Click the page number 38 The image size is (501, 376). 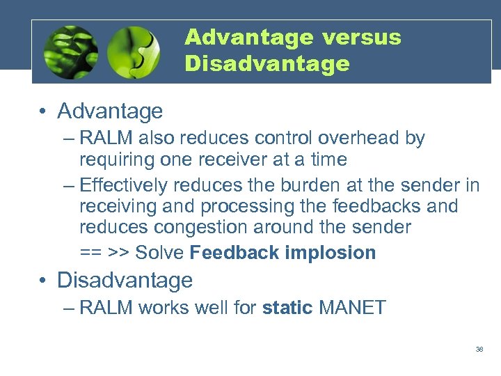[479, 350]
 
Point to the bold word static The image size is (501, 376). [287, 308]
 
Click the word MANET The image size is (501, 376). [352, 308]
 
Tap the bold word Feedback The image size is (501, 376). [234, 253]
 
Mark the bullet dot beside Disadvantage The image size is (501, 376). [44, 281]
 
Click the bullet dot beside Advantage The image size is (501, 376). [44, 111]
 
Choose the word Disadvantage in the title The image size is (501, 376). [267, 64]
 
